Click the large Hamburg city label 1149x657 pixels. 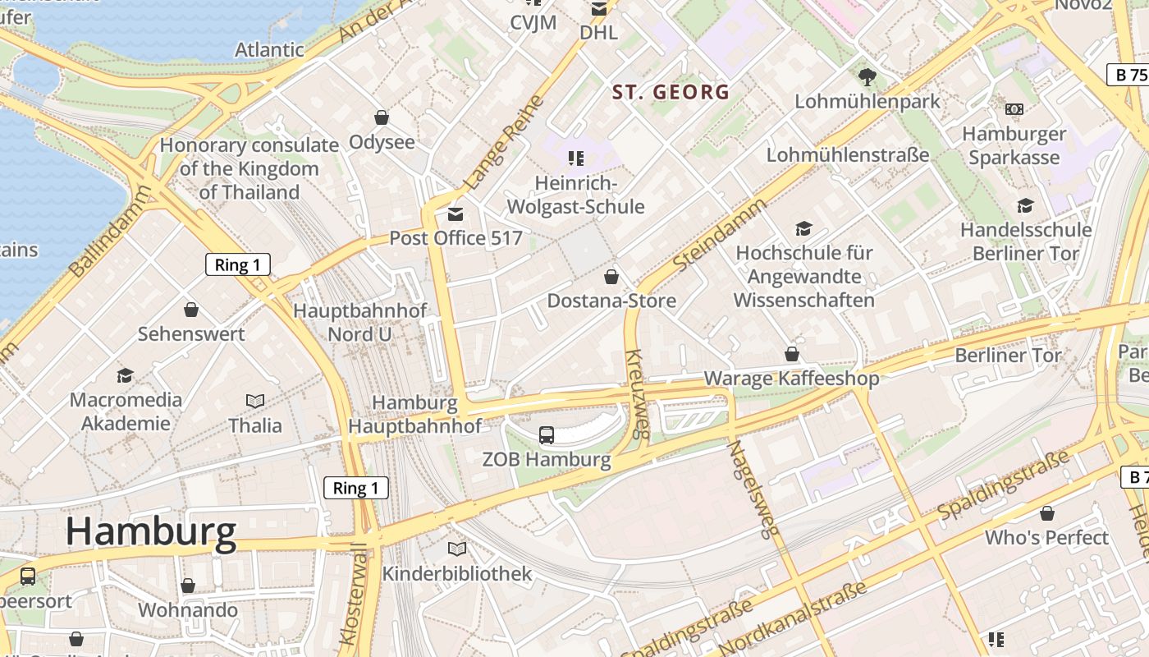(151, 531)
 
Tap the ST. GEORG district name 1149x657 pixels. (671, 92)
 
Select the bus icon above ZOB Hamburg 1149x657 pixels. (546, 435)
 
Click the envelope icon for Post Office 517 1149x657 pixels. (455, 214)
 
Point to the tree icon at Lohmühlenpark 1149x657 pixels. (867, 77)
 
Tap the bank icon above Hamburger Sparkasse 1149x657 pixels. (1014, 108)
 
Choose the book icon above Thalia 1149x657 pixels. (255, 401)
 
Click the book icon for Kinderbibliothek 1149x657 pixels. (457, 549)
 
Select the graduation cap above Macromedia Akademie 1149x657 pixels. (125, 375)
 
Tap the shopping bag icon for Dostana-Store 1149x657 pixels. (611, 276)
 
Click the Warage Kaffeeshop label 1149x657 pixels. (791, 378)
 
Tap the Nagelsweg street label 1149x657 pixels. (752, 489)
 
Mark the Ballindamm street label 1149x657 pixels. (111, 232)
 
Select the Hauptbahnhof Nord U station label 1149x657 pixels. (359, 322)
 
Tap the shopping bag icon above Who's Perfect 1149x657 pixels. (1046, 513)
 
